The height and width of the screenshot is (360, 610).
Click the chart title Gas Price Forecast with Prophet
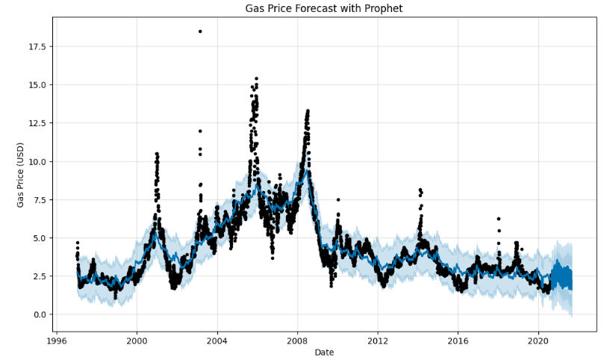(x=324, y=9)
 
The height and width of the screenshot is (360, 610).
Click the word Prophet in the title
(x=383, y=9)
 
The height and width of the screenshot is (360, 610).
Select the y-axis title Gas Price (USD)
(x=20, y=174)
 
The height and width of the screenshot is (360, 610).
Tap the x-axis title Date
(x=324, y=352)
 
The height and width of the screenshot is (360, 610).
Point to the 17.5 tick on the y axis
(x=36, y=47)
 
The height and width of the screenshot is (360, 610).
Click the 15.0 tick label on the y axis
(x=36, y=85)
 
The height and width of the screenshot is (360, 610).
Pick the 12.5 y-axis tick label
(x=36, y=123)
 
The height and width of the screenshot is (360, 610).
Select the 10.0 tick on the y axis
(x=36, y=161)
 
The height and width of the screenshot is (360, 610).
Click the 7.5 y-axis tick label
(x=38, y=200)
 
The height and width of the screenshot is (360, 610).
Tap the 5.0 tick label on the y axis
(x=38, y=238)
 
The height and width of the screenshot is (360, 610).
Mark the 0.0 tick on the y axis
(x=38, y=314)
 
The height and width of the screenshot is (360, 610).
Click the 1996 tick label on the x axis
(x=57, y=341)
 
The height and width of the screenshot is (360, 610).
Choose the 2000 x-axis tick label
(x=137, y=341)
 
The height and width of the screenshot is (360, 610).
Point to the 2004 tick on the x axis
(x=217, y=341)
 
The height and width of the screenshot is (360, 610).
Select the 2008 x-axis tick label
(x=297, y=341)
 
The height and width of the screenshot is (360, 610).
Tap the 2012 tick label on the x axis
(x=378, y=341)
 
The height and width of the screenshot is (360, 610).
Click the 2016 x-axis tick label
(x=458, y=341)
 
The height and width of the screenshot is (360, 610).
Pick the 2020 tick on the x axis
(x=538, y=341)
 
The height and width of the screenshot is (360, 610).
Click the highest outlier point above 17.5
(x=200, y=31)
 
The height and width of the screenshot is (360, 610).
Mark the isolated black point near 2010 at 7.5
(x=338, y=199)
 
